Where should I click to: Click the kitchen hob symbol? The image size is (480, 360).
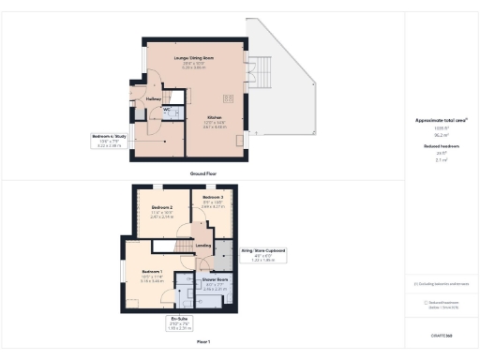226,97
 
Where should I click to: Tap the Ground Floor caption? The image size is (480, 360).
204,174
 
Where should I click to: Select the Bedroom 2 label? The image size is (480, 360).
161,207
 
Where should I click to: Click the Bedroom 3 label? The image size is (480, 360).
211,197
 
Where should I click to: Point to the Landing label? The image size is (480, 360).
203,246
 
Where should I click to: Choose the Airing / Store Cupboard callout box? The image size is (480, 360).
262,252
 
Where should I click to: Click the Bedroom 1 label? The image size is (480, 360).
152,272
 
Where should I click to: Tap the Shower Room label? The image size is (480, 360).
216,279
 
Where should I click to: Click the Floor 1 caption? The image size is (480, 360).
202,341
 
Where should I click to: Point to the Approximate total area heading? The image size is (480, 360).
440,120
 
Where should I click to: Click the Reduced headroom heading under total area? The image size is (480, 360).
440,147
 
